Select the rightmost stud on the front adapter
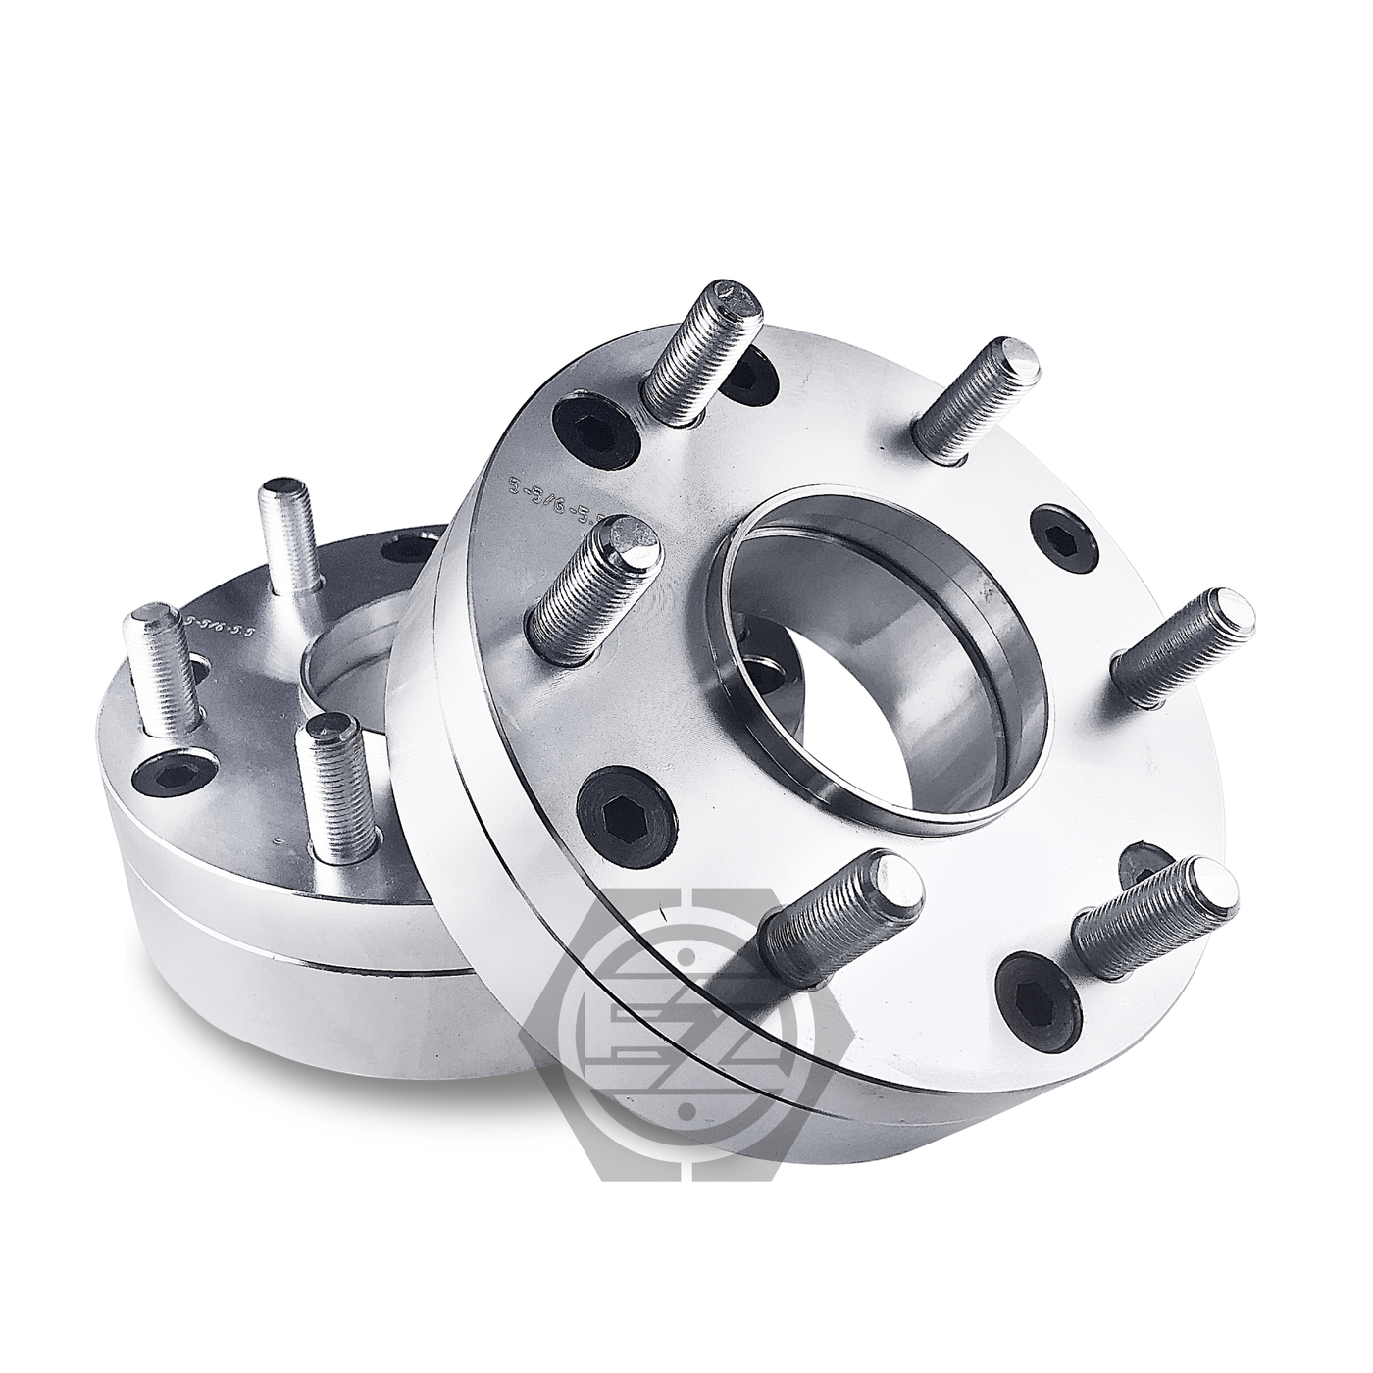(x=1183, y=648)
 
